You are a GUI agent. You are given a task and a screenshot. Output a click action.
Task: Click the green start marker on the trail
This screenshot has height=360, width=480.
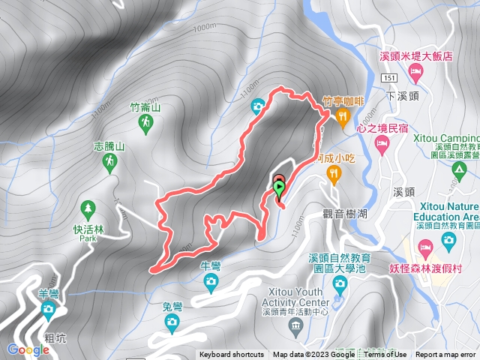pos(279,187)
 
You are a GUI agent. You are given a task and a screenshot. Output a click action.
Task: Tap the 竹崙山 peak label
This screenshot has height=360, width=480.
pos(145,107)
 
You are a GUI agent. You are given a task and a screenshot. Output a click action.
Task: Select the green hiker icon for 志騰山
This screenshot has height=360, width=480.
pos(111,162)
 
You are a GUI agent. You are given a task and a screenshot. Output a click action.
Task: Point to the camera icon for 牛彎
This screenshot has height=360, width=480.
pos(211,280)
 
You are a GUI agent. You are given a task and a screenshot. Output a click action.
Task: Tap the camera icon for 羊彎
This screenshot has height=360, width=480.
pos(49,308)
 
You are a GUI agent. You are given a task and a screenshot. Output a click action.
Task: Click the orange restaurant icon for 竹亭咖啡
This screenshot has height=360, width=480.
pos(343,115)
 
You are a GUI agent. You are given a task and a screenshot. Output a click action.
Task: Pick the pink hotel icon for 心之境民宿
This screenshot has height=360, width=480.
pos(382,143)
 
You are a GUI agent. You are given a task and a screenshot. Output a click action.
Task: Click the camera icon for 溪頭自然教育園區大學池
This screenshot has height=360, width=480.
pos(339,283)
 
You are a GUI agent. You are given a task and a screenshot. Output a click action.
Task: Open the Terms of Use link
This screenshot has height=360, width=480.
pos(385,355)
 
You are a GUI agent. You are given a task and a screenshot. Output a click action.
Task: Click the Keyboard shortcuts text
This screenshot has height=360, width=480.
pos(231,355)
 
